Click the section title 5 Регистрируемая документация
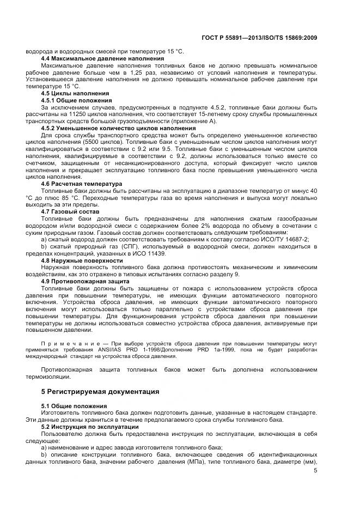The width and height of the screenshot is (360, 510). click(x=100, y=391)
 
